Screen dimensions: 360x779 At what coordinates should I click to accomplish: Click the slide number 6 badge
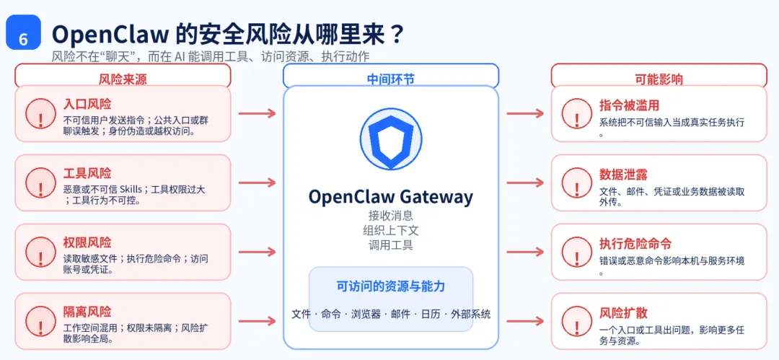tap(23, 33)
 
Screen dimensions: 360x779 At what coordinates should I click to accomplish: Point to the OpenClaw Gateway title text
tap(390, 197)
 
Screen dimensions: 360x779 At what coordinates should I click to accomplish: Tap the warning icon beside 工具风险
tap(40, 183)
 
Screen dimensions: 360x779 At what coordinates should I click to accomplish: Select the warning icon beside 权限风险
tap(40, 252)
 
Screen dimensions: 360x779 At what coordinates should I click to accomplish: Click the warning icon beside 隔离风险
tap(40, 321)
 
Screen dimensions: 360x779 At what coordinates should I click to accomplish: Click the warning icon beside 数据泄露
tap(576, 183)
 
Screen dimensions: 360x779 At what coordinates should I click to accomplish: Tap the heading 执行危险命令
tap(635, 244)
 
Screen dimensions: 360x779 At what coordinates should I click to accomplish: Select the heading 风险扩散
tap(623, 313)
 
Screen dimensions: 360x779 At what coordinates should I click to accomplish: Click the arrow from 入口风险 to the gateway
tap(257, 113)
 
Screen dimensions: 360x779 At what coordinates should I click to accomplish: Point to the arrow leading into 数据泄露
tap(524, 183)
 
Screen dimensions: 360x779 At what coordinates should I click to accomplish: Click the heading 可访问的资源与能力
tap(390, 286)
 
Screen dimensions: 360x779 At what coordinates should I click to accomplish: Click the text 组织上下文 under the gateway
tap(390, 230)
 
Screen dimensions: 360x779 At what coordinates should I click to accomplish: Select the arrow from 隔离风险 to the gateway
tap(257, 321)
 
